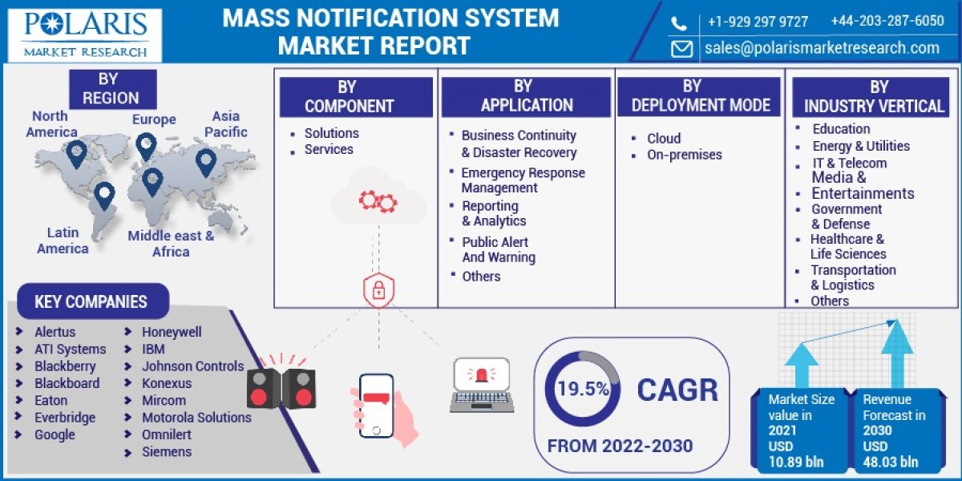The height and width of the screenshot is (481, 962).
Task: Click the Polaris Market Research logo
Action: pos(85,35)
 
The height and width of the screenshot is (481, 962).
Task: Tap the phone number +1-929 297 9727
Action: pos(758,22)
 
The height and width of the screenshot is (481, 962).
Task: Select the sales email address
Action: pos(822,47)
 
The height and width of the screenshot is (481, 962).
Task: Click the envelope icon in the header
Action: pos(681,49)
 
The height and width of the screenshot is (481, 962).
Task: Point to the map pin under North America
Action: pos(76,154)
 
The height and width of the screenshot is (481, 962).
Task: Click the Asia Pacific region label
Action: pos(225,123)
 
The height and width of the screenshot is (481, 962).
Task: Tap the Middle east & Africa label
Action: pos(171,244)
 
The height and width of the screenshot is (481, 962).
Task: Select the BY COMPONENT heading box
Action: pos(356,97)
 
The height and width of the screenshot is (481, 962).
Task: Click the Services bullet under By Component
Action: pos(329,149)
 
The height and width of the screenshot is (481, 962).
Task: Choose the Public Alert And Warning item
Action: pos(499,249)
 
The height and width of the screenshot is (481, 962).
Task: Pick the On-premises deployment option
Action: pos(684,155)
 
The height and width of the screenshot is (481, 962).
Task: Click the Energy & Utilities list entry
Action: pos(861,146)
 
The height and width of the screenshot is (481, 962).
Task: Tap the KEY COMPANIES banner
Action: pos(93,301)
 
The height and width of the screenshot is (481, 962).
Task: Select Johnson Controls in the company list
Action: pos(193,366)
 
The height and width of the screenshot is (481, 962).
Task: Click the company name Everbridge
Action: pos(65,418)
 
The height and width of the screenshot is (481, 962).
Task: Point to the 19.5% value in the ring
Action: pos(584,389)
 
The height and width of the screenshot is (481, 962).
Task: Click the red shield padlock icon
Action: pos(378,290)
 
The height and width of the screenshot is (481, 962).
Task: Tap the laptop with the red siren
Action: pos(482,386)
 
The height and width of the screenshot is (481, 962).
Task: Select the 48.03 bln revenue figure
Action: pos(891,462)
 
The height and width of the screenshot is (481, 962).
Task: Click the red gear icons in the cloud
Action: pos(378,202)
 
